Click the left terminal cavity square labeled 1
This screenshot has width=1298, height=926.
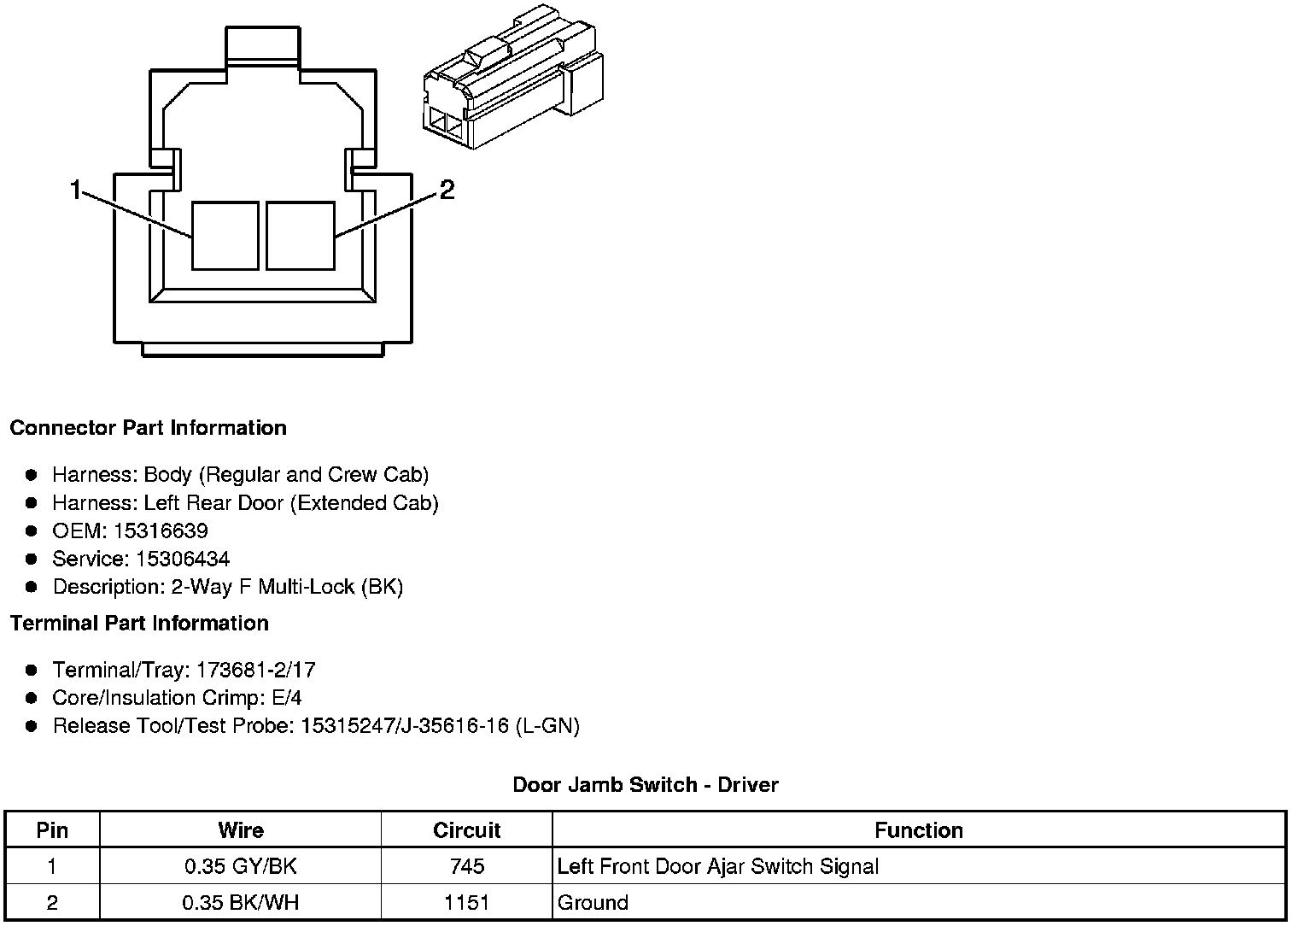click(x=225, y=235)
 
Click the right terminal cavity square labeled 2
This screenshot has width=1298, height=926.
click(x=300, y=235)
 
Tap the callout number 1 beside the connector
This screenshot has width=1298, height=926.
click(x=76, y=190)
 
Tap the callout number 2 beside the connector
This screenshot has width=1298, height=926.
click(x=447, y=190)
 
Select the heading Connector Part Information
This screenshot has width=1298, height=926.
click(x=148, y=428)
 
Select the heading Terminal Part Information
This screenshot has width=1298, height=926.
click(x=139, y=624)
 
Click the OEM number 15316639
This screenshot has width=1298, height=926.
click(x=161, y=531)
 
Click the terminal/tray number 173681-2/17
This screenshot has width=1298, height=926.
click(x=255, y=670)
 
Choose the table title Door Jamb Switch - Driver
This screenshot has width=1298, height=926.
click(x=646, y=784)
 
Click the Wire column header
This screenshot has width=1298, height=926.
click(x=241, y=830)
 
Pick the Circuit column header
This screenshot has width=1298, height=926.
click(x=466, y=830)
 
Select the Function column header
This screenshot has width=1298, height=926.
click(x=919, y=830)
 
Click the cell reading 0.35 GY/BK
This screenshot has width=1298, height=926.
click(x=241, y=866)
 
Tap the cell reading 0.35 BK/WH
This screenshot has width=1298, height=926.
click(x=241, y=903)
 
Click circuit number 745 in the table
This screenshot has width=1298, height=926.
click(x=466, y=866)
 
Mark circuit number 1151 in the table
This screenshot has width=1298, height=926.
click(x=466, y=903)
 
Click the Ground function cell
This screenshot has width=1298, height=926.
click(x=593, y=903)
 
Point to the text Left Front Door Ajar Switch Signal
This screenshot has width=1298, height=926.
click(x=717, y=866)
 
